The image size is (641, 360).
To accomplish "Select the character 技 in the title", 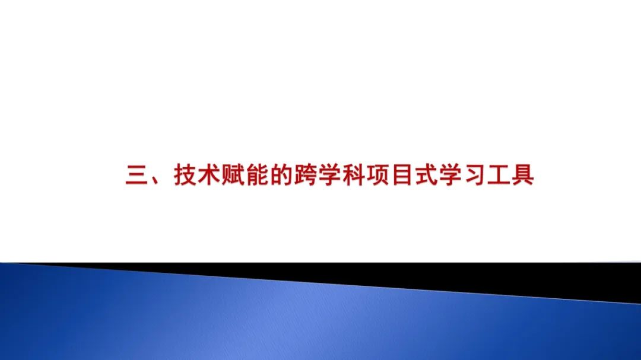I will tap(185, 176).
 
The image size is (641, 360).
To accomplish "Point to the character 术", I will tap(210, 176).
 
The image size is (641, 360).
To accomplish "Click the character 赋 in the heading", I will tap(233, 176).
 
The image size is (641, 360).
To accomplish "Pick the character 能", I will tap(257, 176).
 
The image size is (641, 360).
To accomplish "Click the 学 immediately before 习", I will tap(449, 176).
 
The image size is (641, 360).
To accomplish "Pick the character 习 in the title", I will tap(474, 176).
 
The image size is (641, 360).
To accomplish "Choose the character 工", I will tap(498, 176).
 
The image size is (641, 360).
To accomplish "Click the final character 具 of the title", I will tap(522, 176).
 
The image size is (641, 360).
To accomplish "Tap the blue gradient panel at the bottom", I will tap(237, 320).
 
